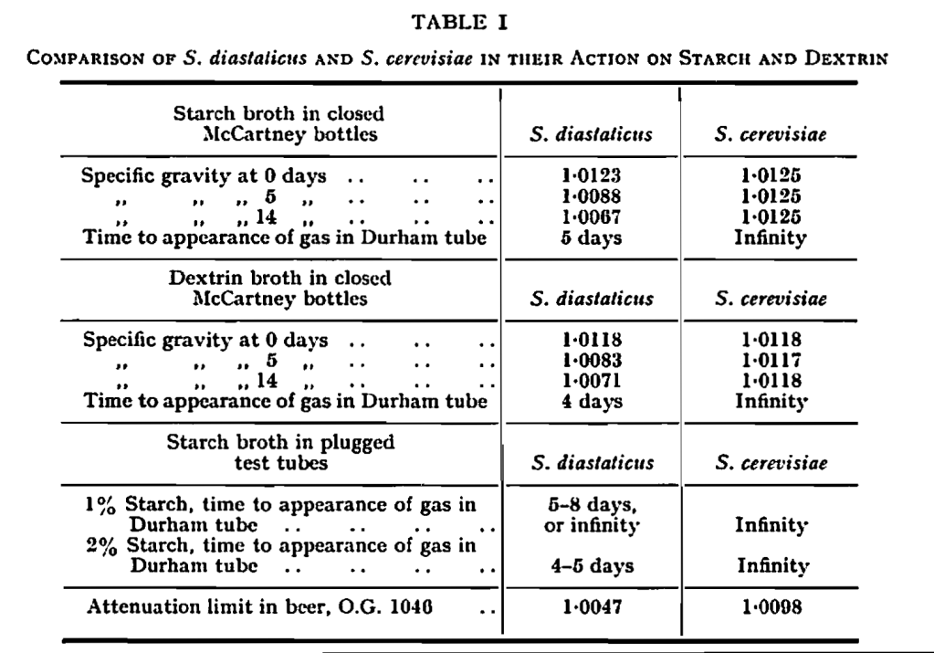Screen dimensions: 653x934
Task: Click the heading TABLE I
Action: (466, 18)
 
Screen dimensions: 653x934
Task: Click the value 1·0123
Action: (592, 175)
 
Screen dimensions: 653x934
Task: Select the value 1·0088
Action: (592, 196)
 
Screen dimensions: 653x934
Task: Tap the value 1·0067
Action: (592, 217)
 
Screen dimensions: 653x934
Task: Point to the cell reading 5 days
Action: (592, 238)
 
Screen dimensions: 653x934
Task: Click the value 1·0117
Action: (772, 360)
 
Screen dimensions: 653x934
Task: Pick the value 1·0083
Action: (592, 360)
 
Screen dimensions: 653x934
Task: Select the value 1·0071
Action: (592, 380)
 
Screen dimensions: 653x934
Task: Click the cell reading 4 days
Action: (592, 401)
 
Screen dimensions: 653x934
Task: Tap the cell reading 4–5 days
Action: (592, 566)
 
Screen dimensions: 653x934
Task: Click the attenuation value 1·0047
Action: (592, 605)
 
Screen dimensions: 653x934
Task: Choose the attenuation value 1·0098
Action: (772, 605)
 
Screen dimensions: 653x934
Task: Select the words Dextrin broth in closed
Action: (280, 278)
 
